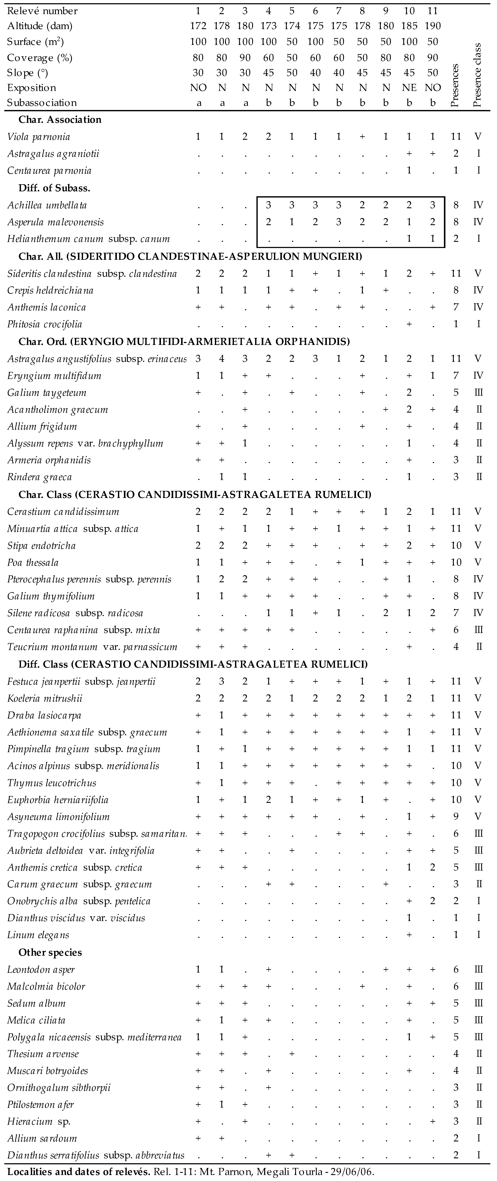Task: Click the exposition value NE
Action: (x=409, y=88)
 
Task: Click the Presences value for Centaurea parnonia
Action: (x=456, y=171)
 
